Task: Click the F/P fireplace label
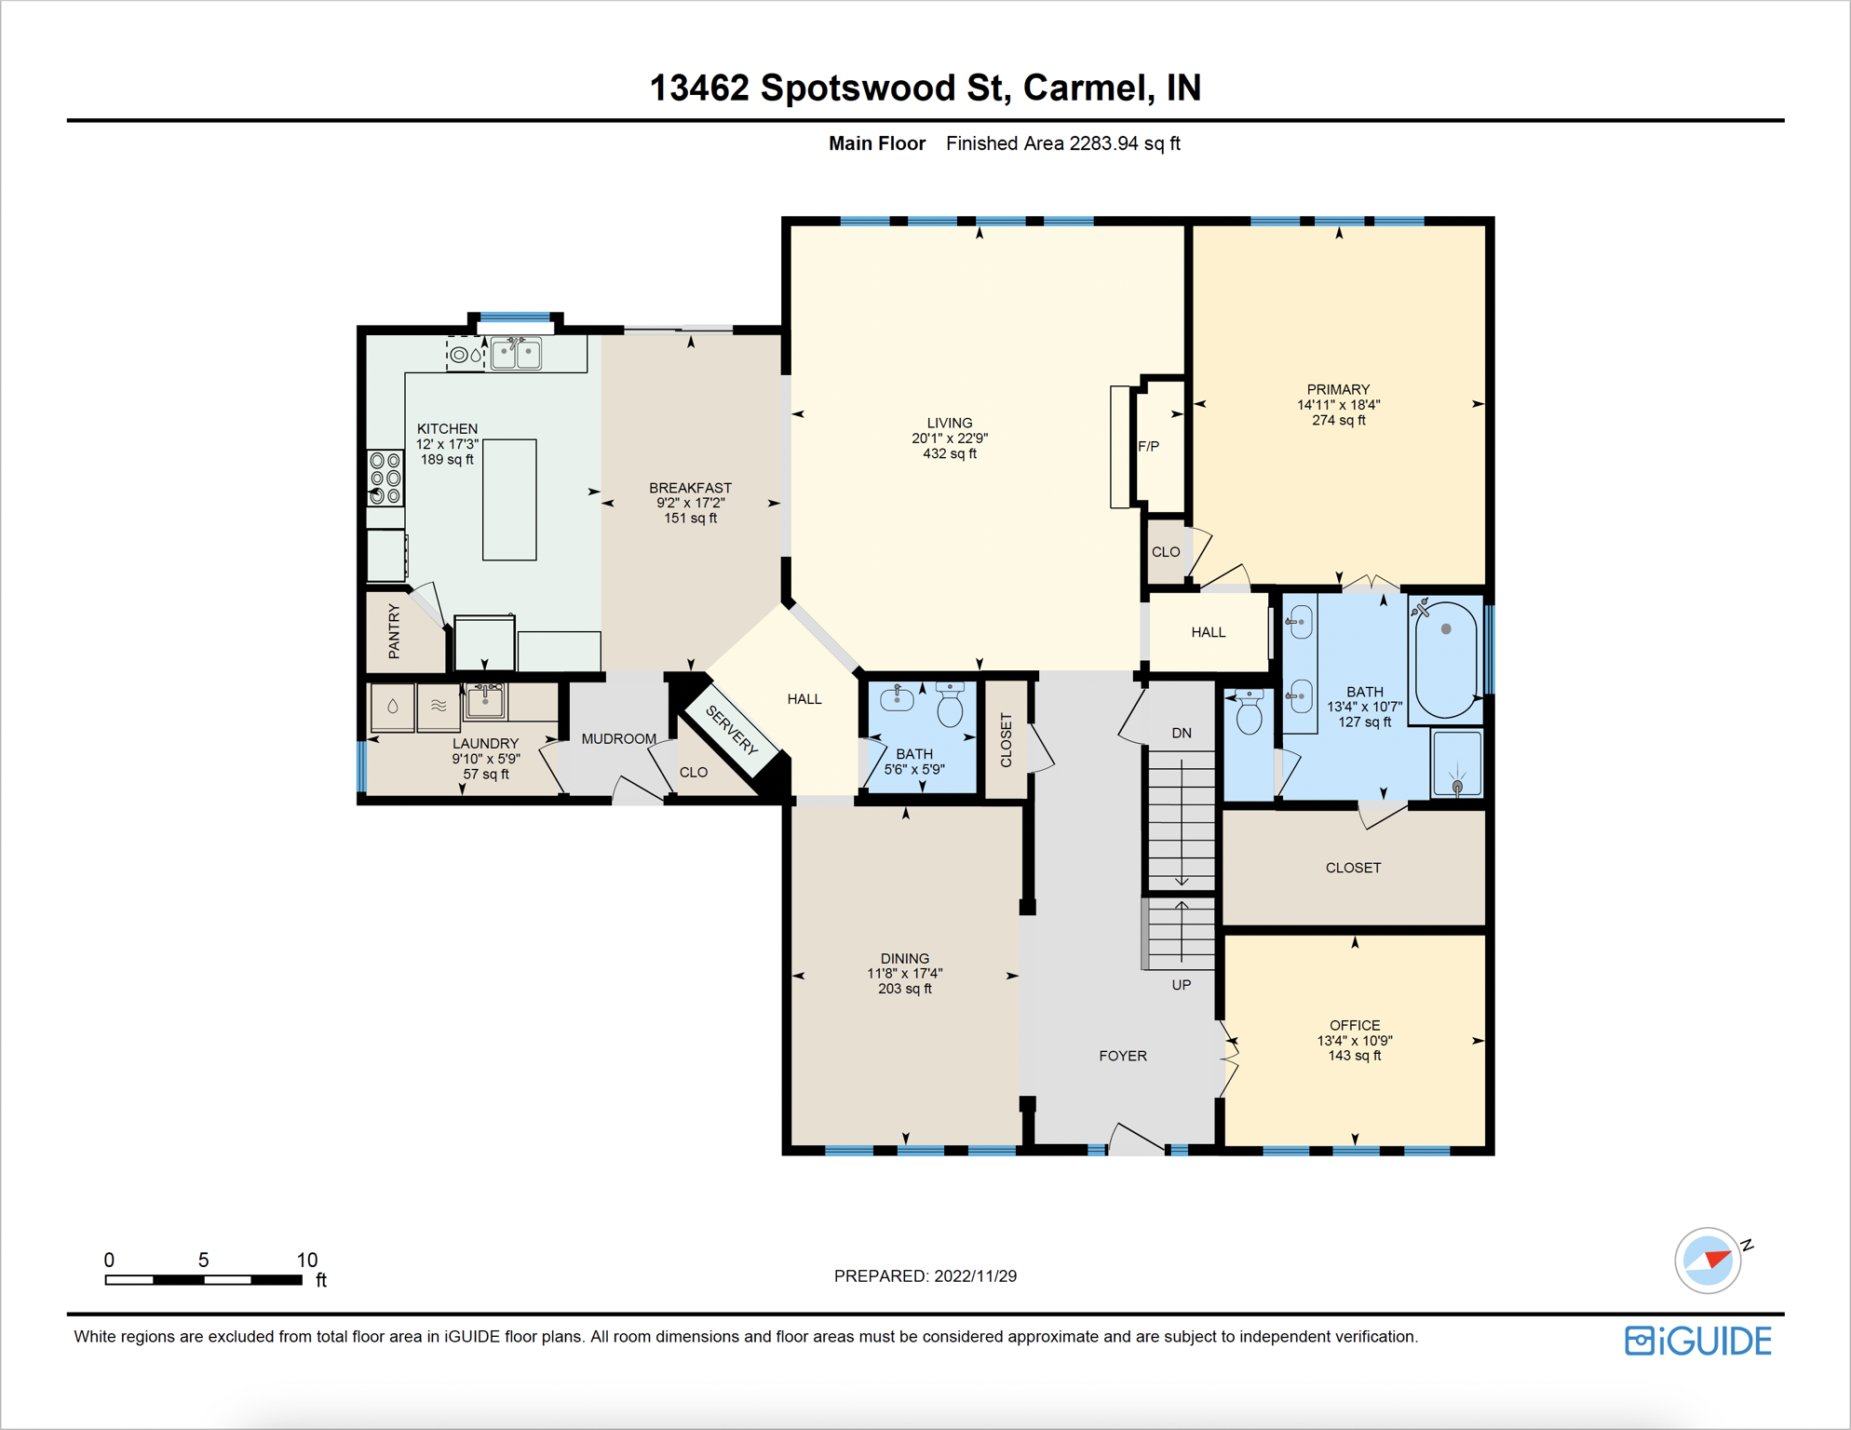pos(1148,446)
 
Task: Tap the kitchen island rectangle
pos(509,500)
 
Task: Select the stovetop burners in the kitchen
pos(385,478)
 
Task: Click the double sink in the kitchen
pos(517,353)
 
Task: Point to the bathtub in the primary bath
pos(1445,658)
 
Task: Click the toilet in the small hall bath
pos(950,705)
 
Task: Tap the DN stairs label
pos(1182,733)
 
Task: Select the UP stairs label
pos(1182,985)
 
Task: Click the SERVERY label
pos(732,730)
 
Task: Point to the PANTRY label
pos(394,631)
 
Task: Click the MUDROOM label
pos(619,738)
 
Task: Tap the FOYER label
pos(1123,1056)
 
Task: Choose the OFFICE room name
pos(1355,1025)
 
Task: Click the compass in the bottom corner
pos(1709,1261)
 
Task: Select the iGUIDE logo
pos(1698,1341)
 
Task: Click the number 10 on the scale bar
pos(307,1260)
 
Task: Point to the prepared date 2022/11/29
pos(976,1275)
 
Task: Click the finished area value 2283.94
pos(1104,143)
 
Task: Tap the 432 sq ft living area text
pos(950,453)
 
